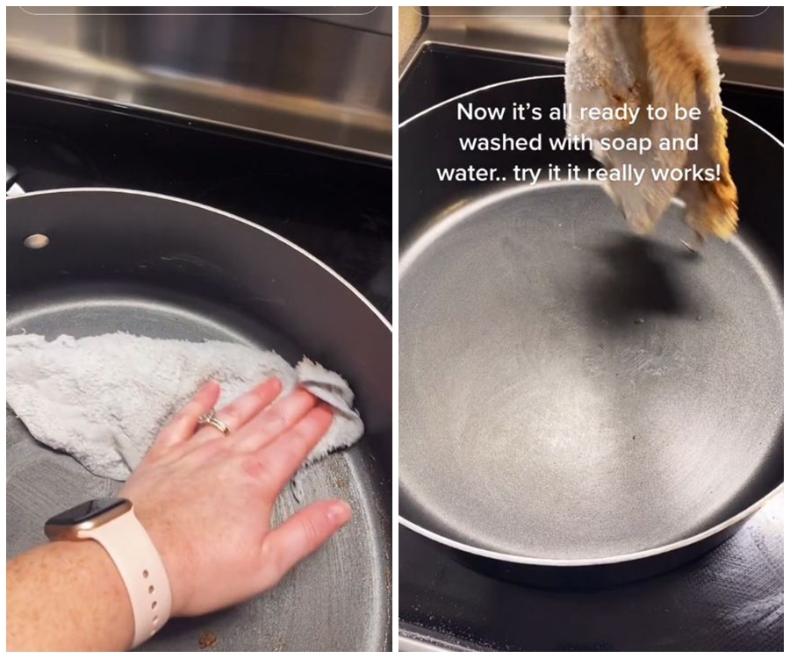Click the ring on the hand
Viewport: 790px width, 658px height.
point(215,422)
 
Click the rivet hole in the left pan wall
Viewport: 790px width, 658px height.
point(37,240)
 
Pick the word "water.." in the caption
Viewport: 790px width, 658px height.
point(471,175)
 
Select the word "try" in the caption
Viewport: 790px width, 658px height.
point(528,175)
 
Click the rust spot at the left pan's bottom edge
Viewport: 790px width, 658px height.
point(206,640)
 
